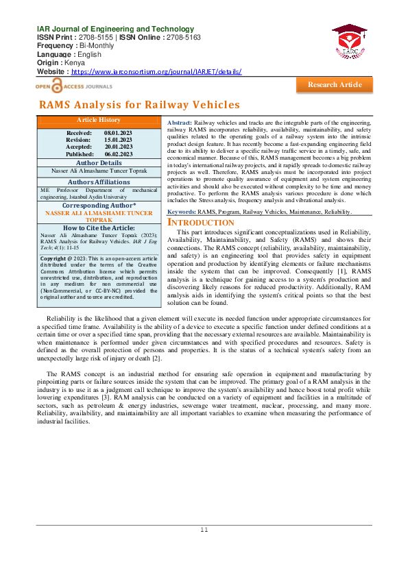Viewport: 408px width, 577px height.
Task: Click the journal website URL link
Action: [x=156, y=71]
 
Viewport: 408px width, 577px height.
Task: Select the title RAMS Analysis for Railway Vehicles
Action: [x=139, y=105]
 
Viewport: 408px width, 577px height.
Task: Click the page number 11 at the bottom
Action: [x=204, y=530]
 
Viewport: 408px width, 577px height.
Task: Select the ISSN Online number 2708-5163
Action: [x=182, y=37]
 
